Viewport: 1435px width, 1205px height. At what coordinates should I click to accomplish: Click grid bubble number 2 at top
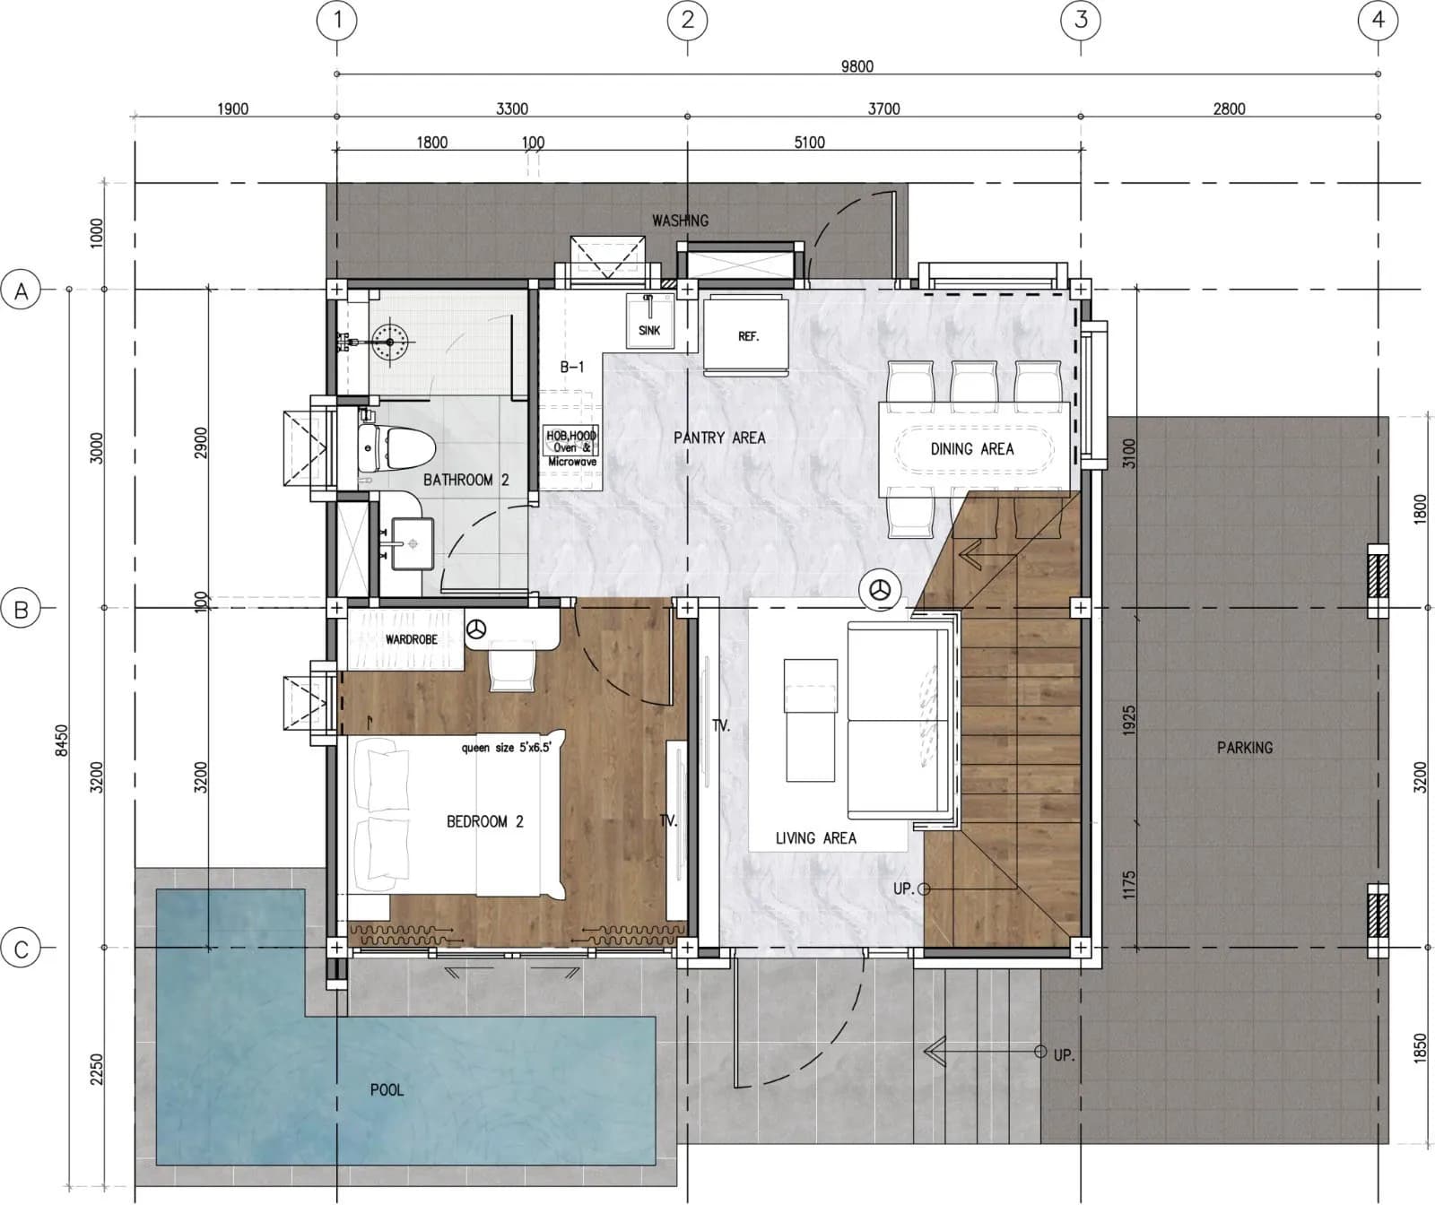(688, 20)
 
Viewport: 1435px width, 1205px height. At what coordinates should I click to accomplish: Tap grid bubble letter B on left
(22, 610)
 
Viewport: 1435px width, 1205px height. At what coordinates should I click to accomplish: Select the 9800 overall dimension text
(857, 65)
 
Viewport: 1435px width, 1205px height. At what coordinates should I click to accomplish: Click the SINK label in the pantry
(649, 330)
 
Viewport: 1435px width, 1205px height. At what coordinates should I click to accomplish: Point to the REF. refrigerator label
(748, 336)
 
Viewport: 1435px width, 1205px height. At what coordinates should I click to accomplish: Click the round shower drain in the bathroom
(389, 341)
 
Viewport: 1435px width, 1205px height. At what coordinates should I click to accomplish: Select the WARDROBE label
(412, 639)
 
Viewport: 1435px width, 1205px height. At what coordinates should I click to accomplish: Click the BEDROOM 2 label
(485, 821)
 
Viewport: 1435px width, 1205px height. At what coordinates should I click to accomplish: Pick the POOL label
(387, 1090)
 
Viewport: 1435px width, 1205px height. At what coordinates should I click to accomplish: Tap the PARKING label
(1245, 747)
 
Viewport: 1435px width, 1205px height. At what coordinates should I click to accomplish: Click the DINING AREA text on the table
(972, 449)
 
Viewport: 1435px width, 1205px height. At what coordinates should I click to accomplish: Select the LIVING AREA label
(816, 838)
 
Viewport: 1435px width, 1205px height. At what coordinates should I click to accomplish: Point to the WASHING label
(680, 220)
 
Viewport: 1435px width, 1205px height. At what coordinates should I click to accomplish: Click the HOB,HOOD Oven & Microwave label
(571, 448)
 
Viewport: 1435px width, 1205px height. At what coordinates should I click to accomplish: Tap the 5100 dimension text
(810, 142)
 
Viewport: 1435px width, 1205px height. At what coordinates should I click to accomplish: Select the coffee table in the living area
(811, 721)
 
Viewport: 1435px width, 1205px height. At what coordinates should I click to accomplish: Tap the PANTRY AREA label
(719, 438)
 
